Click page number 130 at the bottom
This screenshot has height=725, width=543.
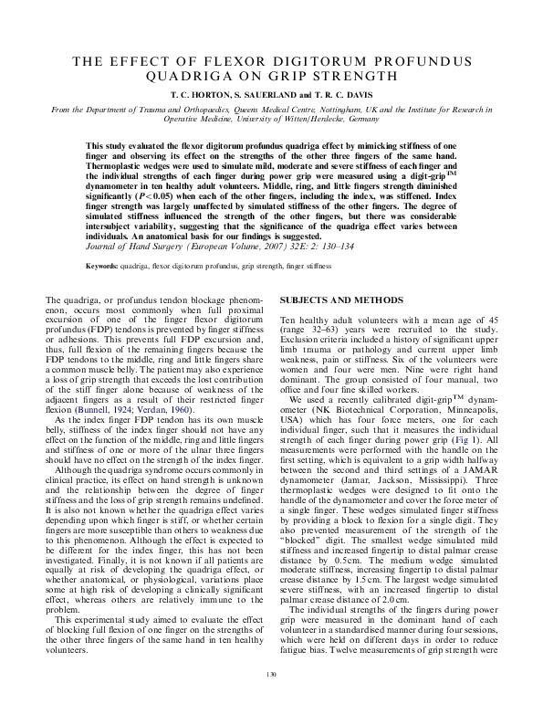(x=271, y=700)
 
